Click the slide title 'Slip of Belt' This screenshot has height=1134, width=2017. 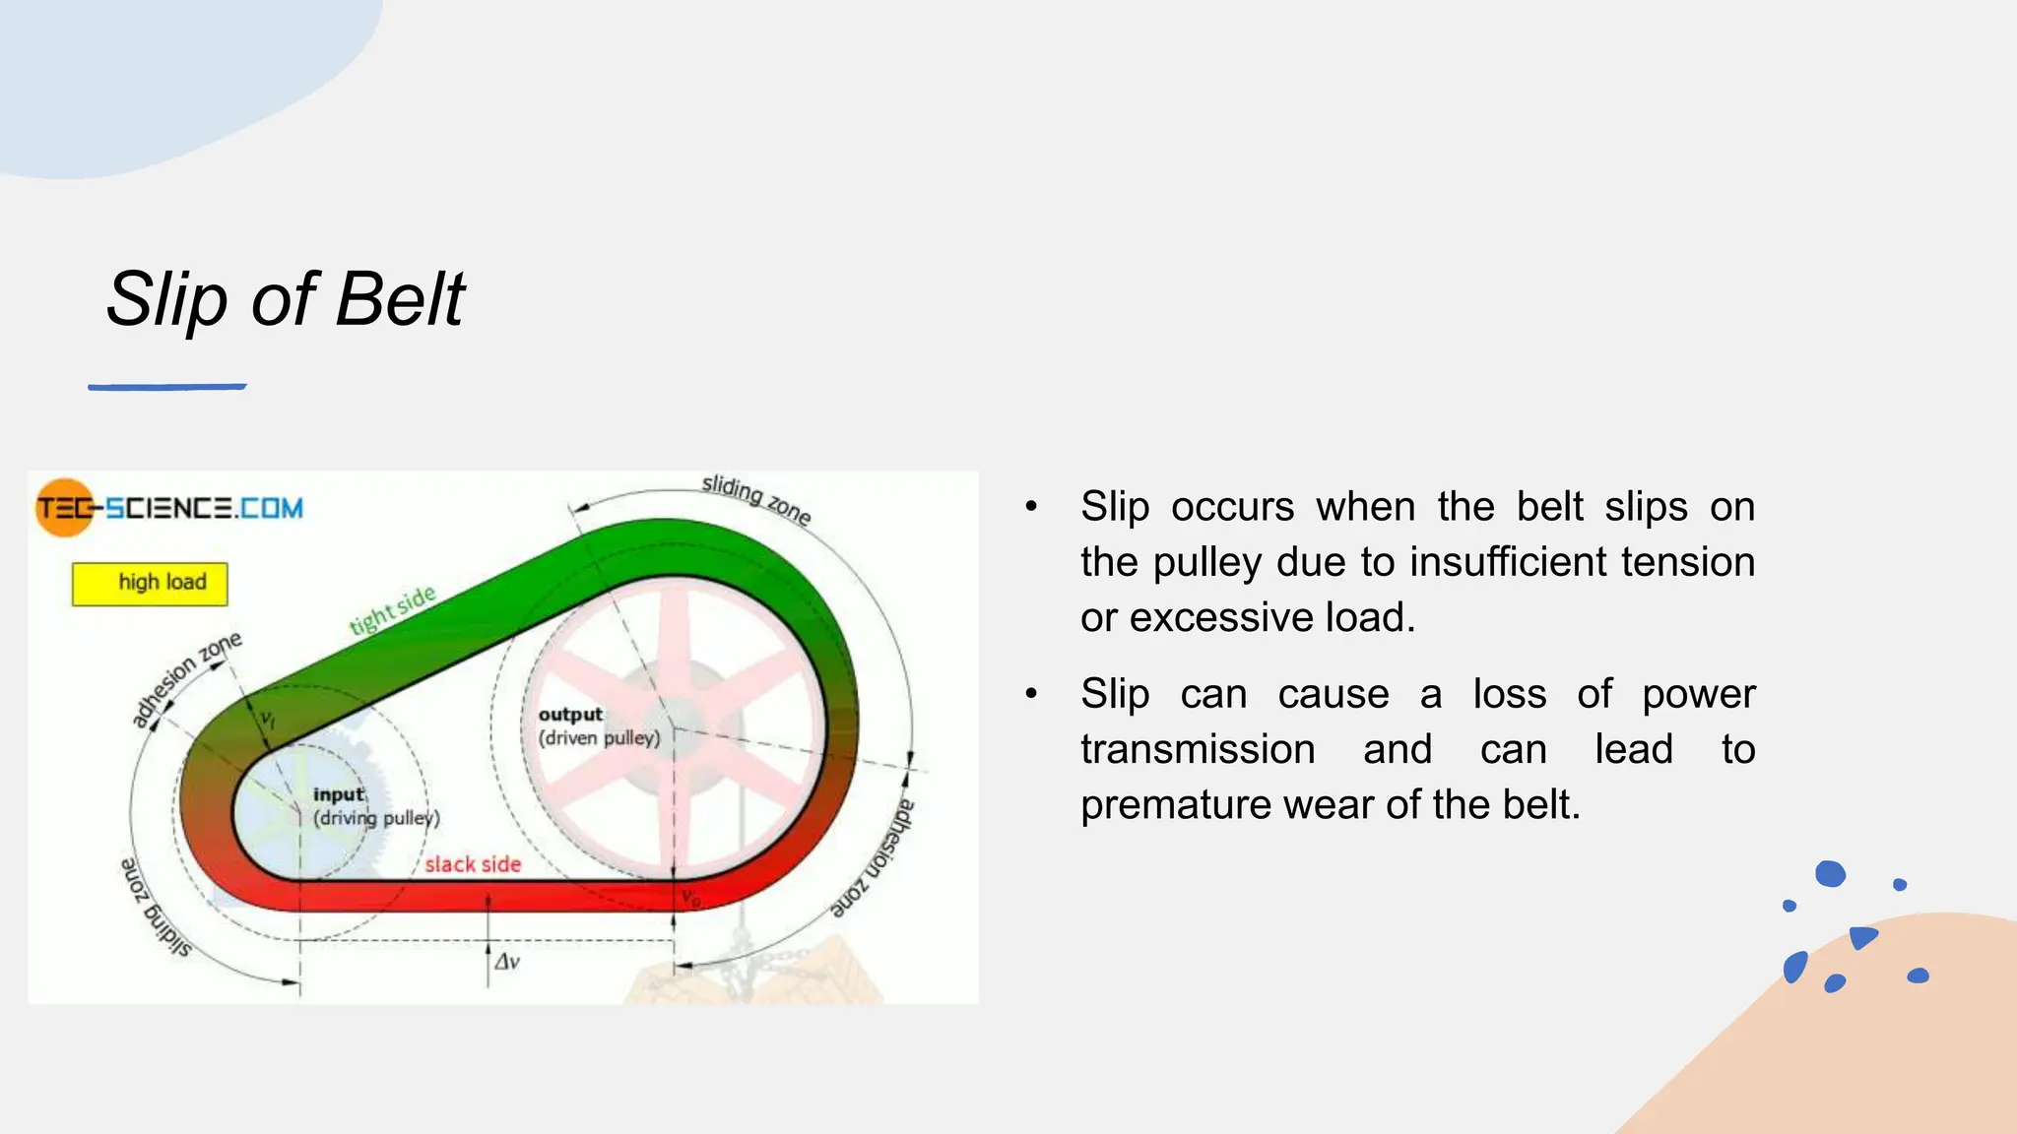pyautogui.click(x=286, y=299)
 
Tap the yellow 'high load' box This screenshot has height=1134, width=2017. pyautogui.click(x=150, y=583)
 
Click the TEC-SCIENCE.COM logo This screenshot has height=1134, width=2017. pyautogui.click(x=169, y=508)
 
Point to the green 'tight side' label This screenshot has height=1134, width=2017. pyautogui.click(x=392, y=610)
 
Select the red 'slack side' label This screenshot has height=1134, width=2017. pyautogui.click(x=473, y=864)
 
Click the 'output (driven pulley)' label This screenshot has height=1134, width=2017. pyautogui.click(x=598, y=726)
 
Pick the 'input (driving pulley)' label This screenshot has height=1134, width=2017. pyautogui.click(x=375, y=806)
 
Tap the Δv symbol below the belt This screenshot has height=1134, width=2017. pyautogui.click(x=507, y=962)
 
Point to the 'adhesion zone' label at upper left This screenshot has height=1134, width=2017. pyautogui.click(x=187, y=679)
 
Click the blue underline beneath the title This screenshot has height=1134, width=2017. pyautogui.click(x=167, y=387)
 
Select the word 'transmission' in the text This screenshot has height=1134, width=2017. pyautogui.click(x=1198, y=750)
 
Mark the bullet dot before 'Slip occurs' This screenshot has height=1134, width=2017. pyautogui.click(x=1031, y=507)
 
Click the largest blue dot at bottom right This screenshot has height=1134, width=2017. pyautogui.click(x=1830, y=873)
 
